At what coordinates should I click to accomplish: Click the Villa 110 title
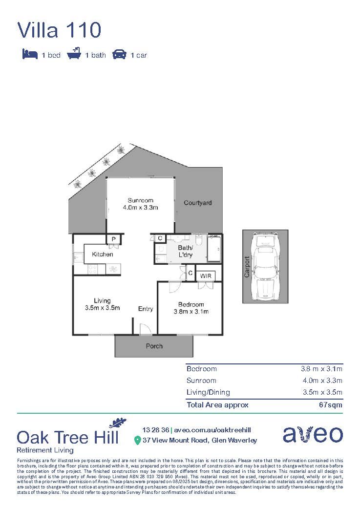coord(59,30)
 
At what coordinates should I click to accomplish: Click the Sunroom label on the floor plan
coord(141,200)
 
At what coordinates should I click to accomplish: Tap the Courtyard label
coord(198,203)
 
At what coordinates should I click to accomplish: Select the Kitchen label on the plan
coord(103,254)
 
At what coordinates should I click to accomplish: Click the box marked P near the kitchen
coord(113,239)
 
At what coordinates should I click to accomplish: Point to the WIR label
coord(205,276)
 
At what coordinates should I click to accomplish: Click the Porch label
coord(154,346)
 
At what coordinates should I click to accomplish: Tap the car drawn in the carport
coord(265,267)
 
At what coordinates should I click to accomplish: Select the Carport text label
coord(247,267)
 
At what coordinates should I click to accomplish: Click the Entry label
coord(146,309)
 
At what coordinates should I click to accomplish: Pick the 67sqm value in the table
coord(331,404)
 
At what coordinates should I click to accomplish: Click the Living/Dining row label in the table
coord(208,392)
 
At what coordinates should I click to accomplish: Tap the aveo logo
coord(313,434)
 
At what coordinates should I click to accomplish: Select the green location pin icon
coord(137,441)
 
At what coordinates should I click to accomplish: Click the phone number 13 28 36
coord(156,430)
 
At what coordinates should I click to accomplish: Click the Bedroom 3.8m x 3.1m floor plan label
coord(191,308)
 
